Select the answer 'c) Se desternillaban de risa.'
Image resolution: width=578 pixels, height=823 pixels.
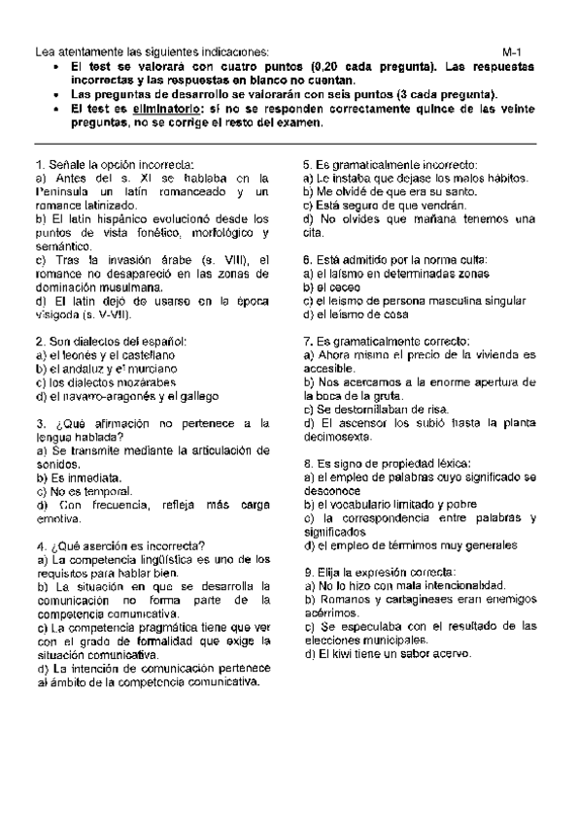point(374,410)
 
